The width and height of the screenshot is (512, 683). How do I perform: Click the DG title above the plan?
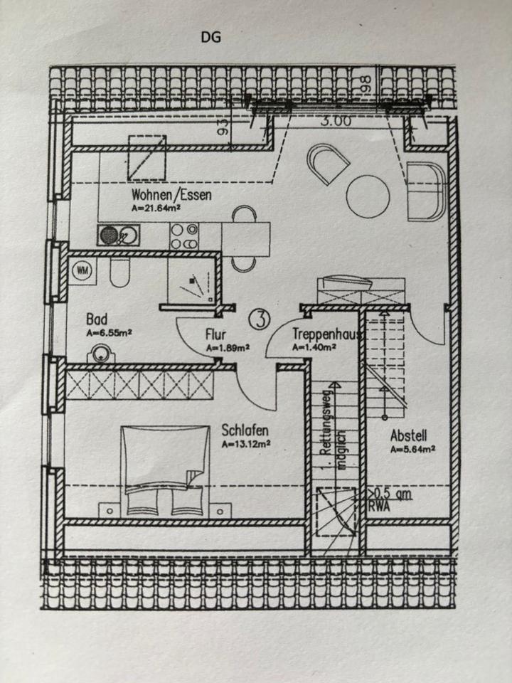210,38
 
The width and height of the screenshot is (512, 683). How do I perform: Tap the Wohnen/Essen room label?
171,194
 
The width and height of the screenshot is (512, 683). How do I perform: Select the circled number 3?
260,319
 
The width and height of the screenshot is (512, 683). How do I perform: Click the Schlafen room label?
245,430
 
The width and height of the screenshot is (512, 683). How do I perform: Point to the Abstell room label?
408,436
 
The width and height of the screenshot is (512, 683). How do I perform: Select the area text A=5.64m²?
412,449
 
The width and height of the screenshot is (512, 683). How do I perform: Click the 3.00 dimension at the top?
335,121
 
